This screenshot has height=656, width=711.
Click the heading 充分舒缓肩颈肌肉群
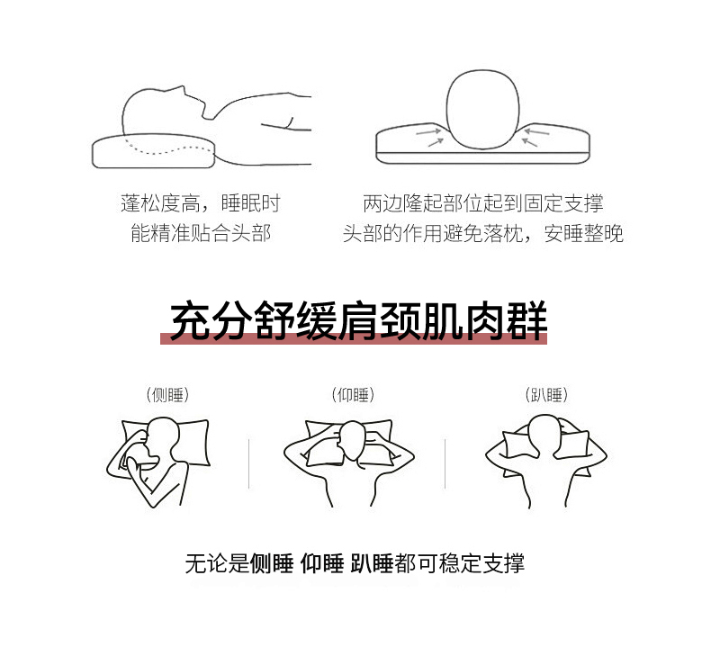359,320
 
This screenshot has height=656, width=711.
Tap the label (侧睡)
167,395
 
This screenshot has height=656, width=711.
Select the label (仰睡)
353,395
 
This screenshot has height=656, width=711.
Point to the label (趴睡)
546,395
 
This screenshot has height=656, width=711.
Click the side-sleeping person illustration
158,462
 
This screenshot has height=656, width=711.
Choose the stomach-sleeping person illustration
546,461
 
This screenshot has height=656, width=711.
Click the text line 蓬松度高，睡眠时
201,203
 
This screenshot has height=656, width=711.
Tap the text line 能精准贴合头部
201,233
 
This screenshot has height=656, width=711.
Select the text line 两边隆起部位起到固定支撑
483,203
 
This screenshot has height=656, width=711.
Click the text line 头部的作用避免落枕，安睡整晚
483,233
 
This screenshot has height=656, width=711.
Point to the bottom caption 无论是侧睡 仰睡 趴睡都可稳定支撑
355,563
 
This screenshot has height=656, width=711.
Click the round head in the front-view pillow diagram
482,109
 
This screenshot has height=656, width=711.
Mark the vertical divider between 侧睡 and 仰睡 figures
249,463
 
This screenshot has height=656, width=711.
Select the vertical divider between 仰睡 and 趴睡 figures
445,463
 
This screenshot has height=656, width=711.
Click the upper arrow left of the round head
428,132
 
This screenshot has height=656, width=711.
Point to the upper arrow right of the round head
536,132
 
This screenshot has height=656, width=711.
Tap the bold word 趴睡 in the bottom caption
372,563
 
